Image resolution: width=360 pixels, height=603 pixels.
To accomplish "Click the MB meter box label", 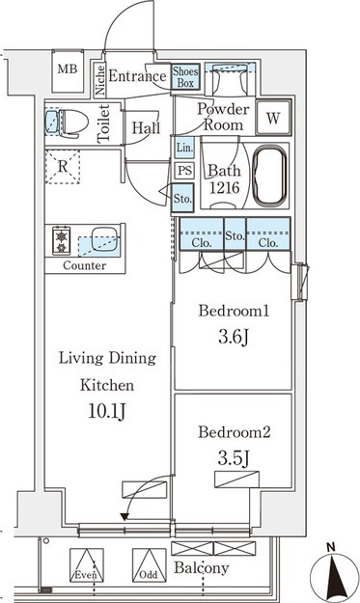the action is click(68, 69).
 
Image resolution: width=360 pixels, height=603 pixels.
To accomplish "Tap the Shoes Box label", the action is click(185, 77).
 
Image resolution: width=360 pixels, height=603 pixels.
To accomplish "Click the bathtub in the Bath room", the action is click(271, 176).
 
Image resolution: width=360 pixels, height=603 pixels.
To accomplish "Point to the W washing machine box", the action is click(273, 118).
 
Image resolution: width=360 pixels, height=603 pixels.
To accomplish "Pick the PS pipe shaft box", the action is click(184, 170).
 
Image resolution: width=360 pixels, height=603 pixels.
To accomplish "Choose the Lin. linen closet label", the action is click(184, 148).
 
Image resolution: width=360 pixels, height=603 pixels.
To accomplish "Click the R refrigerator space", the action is click(63, 167).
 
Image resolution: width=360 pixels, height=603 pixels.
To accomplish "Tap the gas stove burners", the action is click(62, 240).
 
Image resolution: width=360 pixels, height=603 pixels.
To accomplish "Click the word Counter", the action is click(85, 265).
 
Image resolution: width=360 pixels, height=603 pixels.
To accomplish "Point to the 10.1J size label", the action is click(107, 411).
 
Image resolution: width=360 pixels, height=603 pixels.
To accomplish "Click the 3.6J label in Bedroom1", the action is click(234, 338).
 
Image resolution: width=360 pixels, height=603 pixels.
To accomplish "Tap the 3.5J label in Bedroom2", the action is click(234, 458).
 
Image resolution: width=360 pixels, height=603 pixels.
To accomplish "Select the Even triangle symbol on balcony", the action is click(87, 565).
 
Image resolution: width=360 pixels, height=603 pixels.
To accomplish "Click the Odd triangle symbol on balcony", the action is click(150, 565).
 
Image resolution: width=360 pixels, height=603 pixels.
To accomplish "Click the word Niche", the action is click(100, 80).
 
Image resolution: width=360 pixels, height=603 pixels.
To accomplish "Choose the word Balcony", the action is click(201, 568).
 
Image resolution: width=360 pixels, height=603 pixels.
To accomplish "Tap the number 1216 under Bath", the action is click(225, 188).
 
